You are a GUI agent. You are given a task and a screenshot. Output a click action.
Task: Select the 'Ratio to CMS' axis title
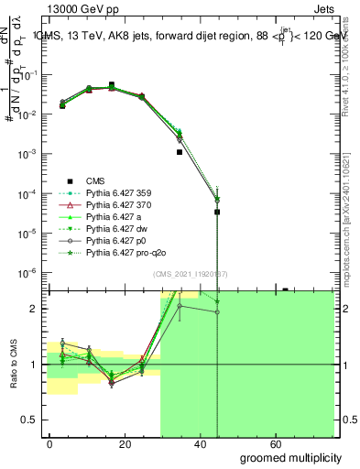pyautogui.click(x=13, y=365)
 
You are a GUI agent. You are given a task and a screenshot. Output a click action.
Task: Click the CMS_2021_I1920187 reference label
pyautogui.click(x=191, y=274)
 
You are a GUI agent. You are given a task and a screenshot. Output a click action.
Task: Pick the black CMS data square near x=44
pyautogui.click(x=217, y=212)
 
